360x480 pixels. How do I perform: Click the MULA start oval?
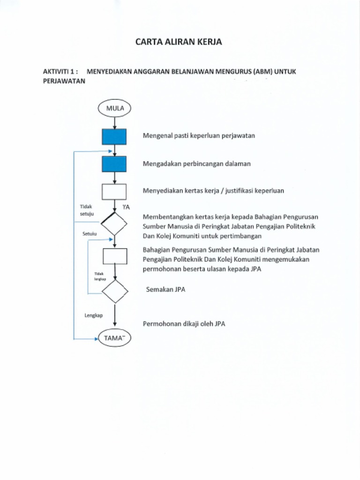pos(114,108)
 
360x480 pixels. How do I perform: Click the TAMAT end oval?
pos(114,338)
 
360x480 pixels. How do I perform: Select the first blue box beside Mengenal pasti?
pos(114,136)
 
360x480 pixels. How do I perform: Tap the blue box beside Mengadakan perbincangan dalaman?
pos(114,164)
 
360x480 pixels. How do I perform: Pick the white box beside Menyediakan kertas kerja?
pos(114,191)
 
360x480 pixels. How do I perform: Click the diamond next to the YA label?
pos(114,224)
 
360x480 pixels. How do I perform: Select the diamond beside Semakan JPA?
pos(115,292)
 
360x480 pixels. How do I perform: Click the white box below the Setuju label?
pos(115,256)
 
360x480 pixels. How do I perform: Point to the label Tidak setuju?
pos(87,210)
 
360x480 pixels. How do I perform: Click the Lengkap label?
pos(93,315)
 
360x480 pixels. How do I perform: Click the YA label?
pos(126,207)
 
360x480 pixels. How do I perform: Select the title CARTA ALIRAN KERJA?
pos(178,42)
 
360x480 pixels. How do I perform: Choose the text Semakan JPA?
pos(165,290)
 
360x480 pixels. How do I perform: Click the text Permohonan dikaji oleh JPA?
pos(183,324)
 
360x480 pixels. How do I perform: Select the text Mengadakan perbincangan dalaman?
pos(196,164)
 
